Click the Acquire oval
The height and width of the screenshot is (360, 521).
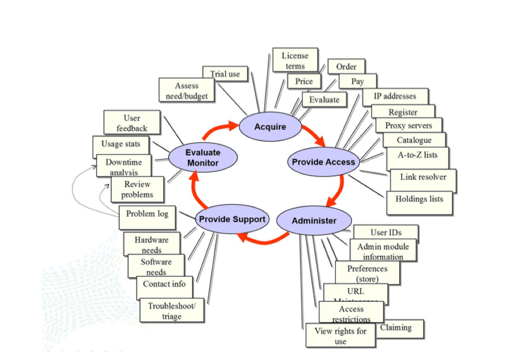(270, 127)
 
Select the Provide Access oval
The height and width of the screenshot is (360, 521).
(323, 162)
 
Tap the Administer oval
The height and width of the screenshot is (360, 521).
(314, 220)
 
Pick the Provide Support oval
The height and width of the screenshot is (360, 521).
(231, 219)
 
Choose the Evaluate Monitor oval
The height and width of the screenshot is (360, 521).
(203, 157)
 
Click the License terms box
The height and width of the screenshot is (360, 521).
(295, 60)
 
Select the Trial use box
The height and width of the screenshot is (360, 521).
(225, 74)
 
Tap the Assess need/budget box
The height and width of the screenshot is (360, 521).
(186, 90)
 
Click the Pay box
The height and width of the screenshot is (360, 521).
(357, 81)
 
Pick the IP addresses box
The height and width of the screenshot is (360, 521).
(394, 96)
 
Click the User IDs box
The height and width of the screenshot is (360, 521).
(385, 232)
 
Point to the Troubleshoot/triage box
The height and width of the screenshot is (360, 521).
(171, 310)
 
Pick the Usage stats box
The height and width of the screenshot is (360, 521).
(120, 144)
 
